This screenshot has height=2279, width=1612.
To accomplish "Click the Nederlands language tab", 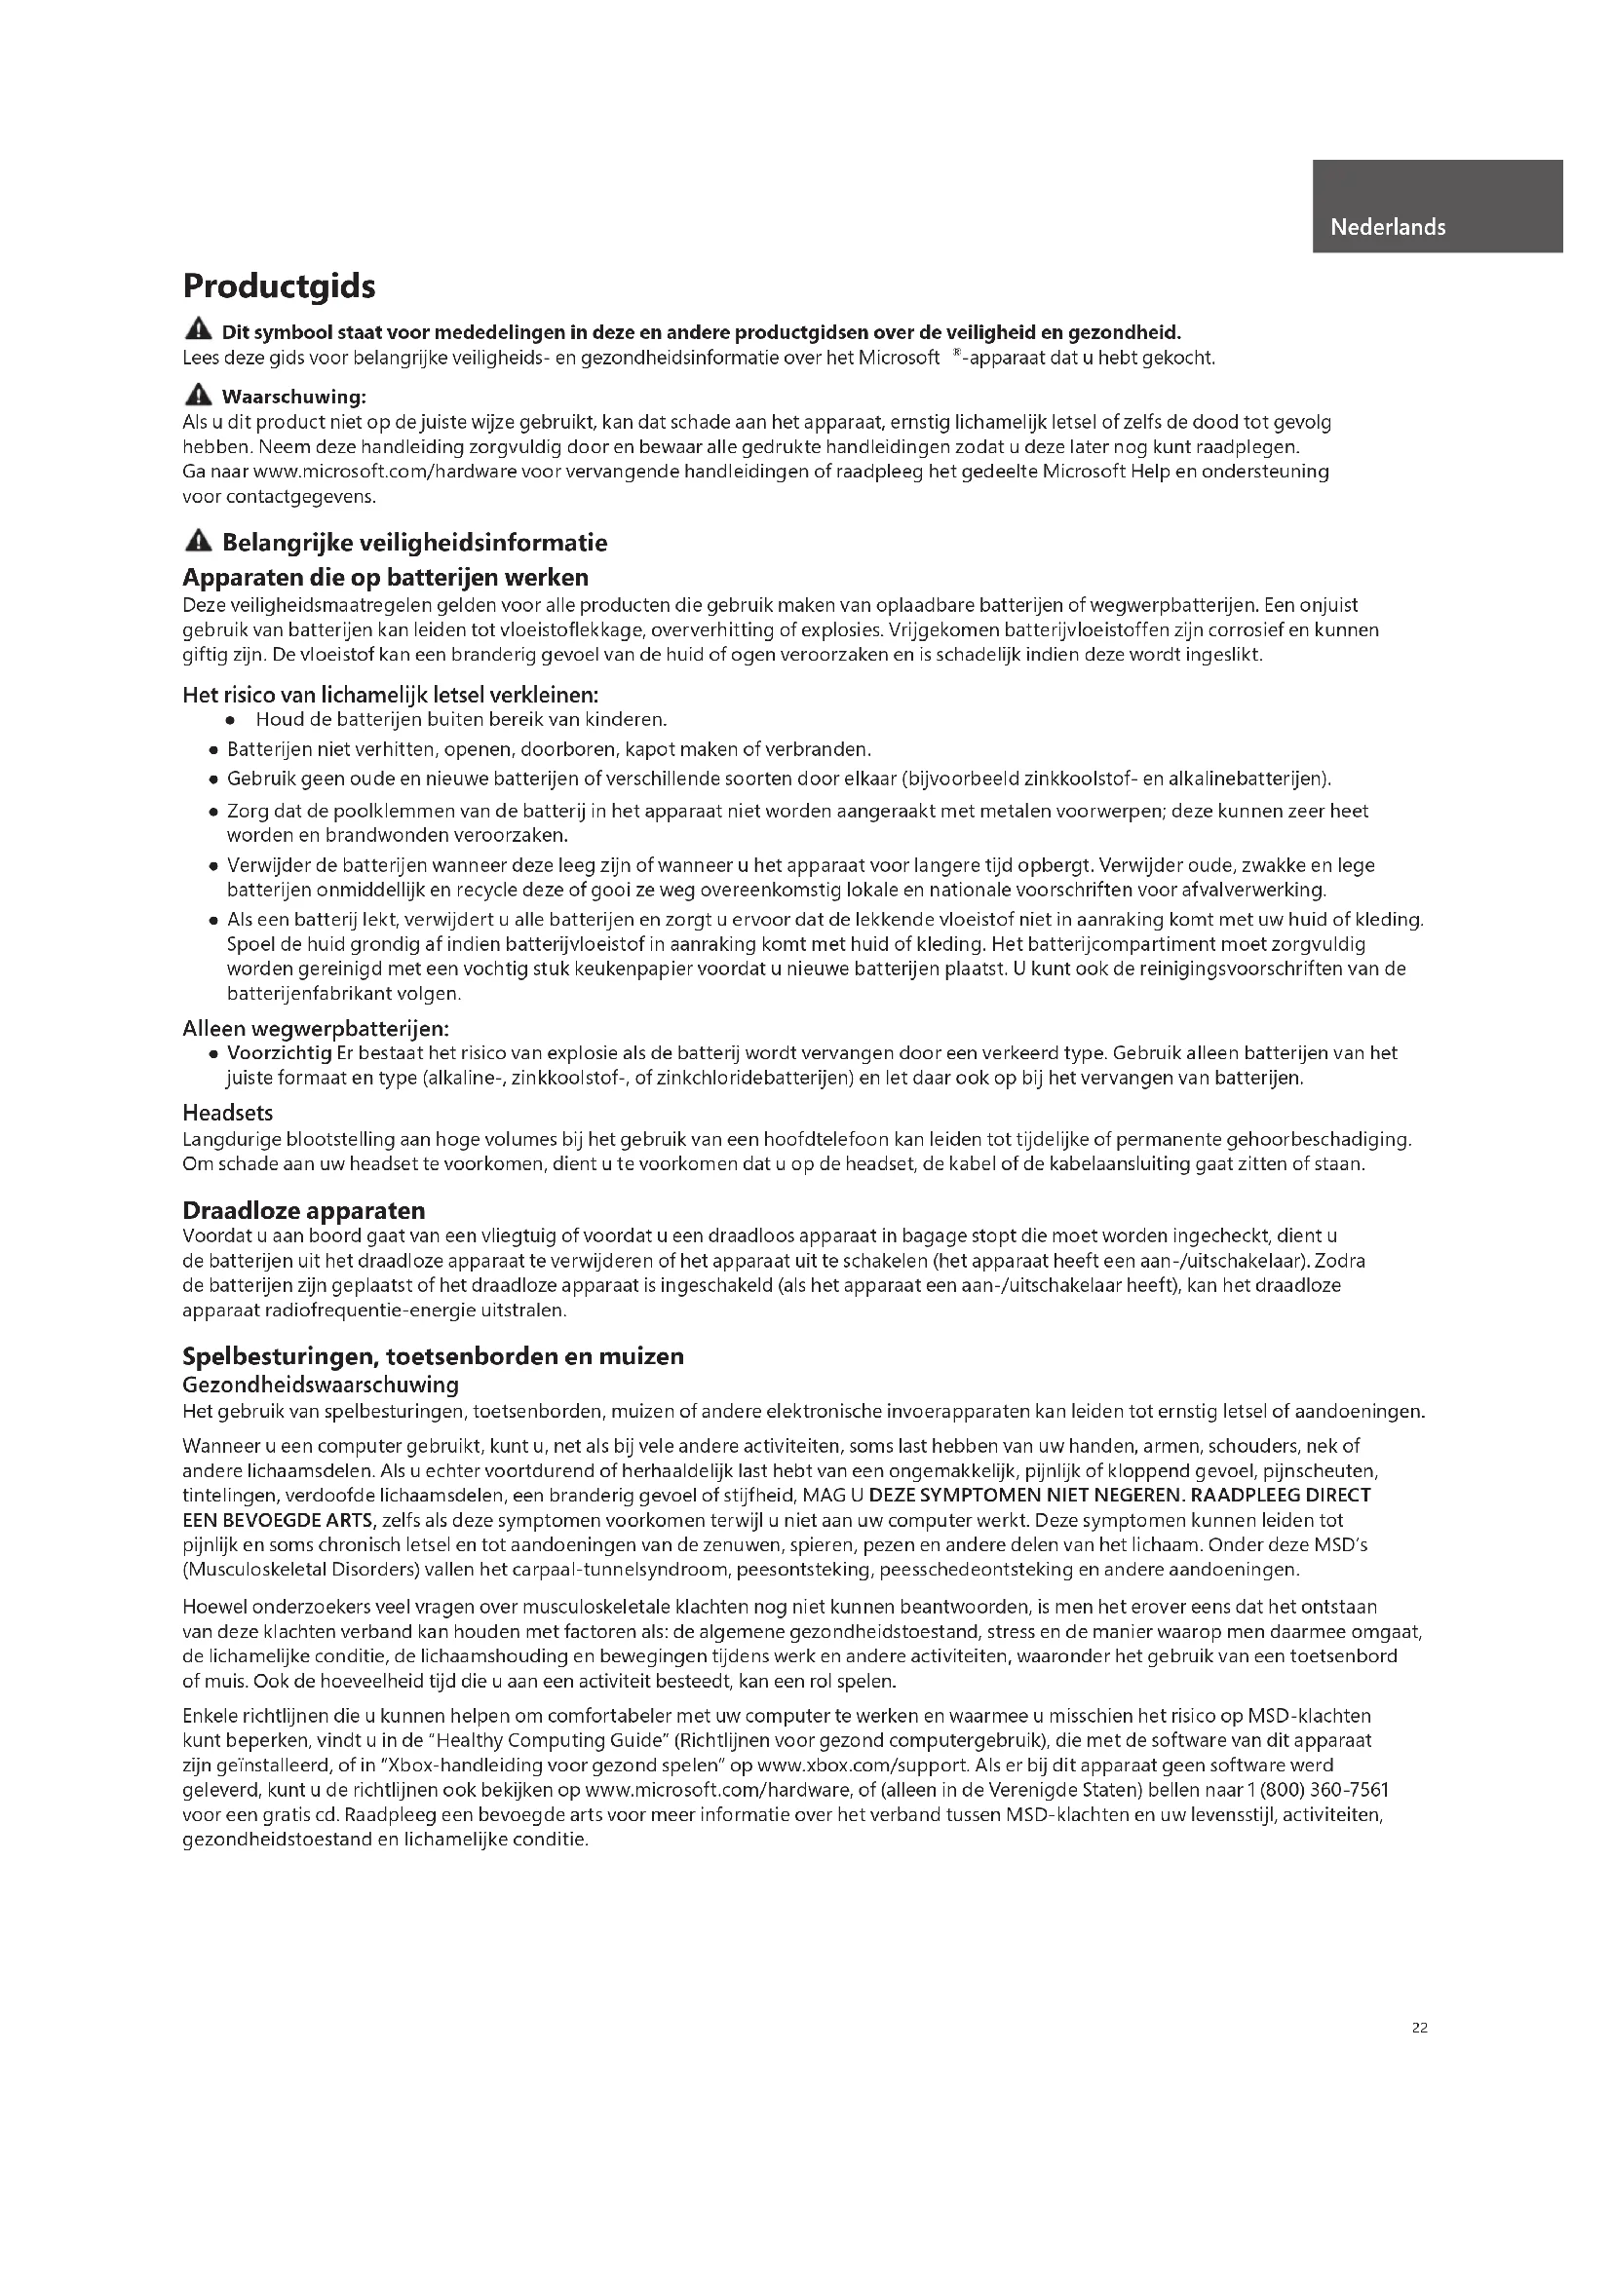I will pyautogui.click(x=1387, y=227).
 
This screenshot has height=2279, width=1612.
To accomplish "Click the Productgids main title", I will pyautogui.click(x=279, y=286).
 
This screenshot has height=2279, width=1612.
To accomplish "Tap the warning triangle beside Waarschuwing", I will pyautogui.click(x=199, y=395).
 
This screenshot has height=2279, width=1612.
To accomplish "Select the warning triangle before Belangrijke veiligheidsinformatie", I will pyautogui.click(x=199, y=541).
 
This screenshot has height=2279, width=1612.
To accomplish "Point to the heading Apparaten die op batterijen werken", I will pyautogui.click(x=385, y=578).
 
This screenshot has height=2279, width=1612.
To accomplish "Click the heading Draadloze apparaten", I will pyautogui.click(x=304, y=1210).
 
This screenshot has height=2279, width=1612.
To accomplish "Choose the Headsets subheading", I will pyautogui.click(x=227, y=1113).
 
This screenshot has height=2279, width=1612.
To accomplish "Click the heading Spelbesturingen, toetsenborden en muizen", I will pyautogui.click(x=433, y=1356).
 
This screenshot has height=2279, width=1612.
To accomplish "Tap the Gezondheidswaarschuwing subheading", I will pyautogui.click(x=321, y=1385).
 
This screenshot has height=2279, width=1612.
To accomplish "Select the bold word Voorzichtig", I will pyautogui.click(x=279, y=1053).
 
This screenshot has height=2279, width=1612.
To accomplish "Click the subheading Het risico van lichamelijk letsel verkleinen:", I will pyautogui.click(x=390, y=695).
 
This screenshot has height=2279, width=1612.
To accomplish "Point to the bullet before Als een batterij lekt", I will pyautogui.click(x=212, y=920).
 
